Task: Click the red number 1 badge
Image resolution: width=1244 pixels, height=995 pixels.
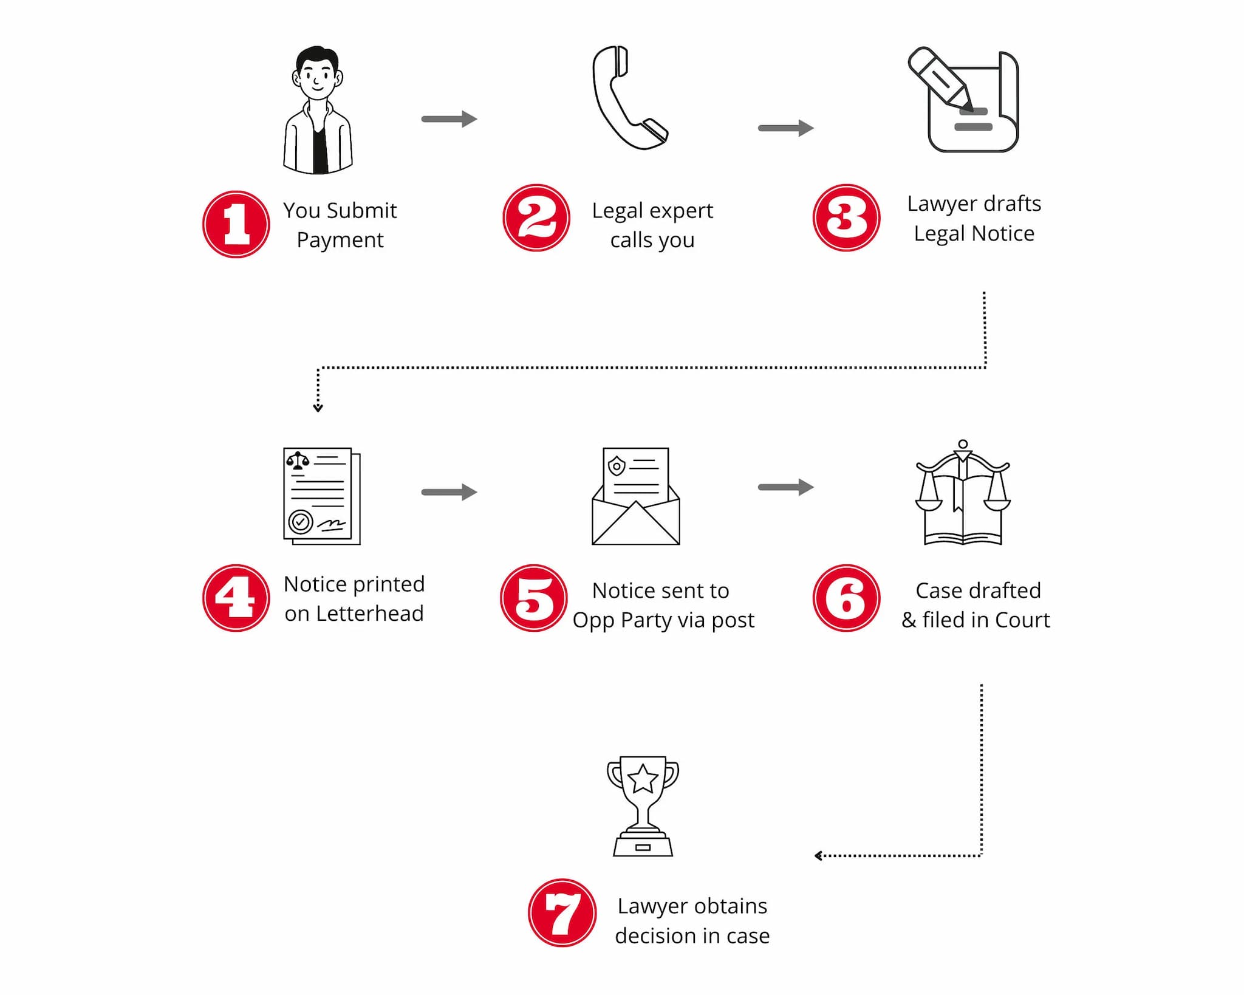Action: click(236, 224)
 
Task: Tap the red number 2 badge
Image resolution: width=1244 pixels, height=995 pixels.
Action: click(536, 217)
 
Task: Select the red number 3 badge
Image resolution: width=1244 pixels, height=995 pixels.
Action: click(846, 217)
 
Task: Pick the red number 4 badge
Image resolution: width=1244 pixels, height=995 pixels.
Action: click(236, 598)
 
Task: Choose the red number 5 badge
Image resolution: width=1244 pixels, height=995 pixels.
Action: click(533, 598)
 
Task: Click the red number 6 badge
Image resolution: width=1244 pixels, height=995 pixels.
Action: click(846, 598)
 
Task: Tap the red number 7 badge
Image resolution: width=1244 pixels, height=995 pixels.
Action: click(562, 912)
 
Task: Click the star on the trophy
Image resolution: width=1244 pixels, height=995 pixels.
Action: click(643, 779)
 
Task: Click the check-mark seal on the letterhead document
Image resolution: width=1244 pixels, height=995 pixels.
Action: click(300, 521)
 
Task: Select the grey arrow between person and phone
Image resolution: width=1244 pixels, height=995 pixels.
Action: click(449, 119)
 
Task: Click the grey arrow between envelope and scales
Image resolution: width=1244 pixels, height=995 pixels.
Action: click(785, 487)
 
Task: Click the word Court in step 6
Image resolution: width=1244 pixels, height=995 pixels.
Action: click(1022, 620)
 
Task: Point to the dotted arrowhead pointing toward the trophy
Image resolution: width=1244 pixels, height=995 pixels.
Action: click(818, 856)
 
